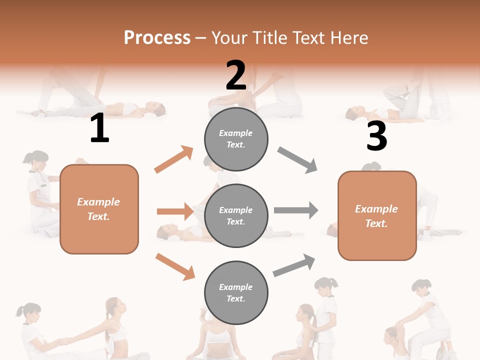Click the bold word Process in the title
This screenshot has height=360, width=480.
(157, 38)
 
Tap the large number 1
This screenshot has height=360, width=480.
(99, 129)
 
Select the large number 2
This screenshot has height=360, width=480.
(236, 75)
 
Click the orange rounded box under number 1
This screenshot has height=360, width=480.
(99, 209)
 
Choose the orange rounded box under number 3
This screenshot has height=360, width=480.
(377, 215)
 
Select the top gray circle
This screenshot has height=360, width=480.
(236, 138)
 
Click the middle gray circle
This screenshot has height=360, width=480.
(236, 215)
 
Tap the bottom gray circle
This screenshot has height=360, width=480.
(236, 292)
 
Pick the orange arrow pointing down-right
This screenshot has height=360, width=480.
(175, 266)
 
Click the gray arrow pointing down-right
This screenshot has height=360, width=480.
(297, 160)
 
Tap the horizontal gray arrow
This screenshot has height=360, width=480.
(296, 210)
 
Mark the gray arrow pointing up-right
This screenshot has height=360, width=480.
(294, 265)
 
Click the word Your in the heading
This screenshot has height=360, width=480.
(228, 38)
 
